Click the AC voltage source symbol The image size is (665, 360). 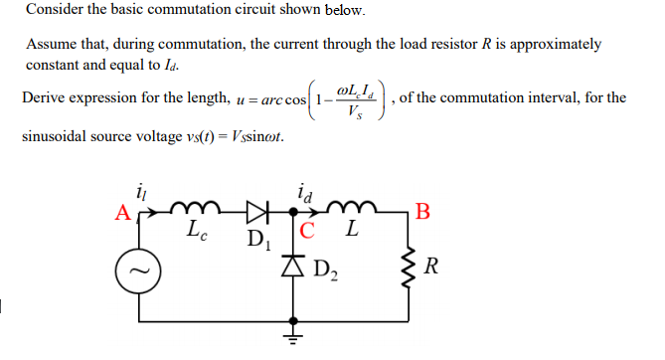pos(139,269)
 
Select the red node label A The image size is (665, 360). pos(120,212)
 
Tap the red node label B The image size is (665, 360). pos(424,210)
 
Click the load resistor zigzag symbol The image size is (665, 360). pos(409,267)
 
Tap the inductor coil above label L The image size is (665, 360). pos(352,209)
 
